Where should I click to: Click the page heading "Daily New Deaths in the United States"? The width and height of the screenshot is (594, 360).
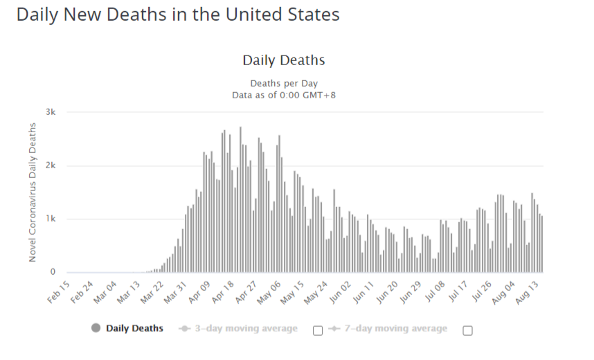coord(178,15)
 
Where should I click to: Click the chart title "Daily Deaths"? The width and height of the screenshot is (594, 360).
coord(283,60)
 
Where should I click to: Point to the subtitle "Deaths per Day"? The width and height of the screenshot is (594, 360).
coord(284,83)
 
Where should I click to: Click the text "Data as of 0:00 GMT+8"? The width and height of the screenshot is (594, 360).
coord(284,95)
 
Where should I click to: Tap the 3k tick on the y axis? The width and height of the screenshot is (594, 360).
coord(51,112)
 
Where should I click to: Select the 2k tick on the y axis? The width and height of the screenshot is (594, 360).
coord(51,165)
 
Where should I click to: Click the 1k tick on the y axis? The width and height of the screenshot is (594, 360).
coord(51,219)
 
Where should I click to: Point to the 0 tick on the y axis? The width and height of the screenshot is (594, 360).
coord(53,272)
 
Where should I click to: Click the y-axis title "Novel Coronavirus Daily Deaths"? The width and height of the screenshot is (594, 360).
coord(33,192)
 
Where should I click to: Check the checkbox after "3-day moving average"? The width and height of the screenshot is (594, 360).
coord(318,330)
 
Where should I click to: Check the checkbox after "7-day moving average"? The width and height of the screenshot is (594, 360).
coord(467,330)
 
